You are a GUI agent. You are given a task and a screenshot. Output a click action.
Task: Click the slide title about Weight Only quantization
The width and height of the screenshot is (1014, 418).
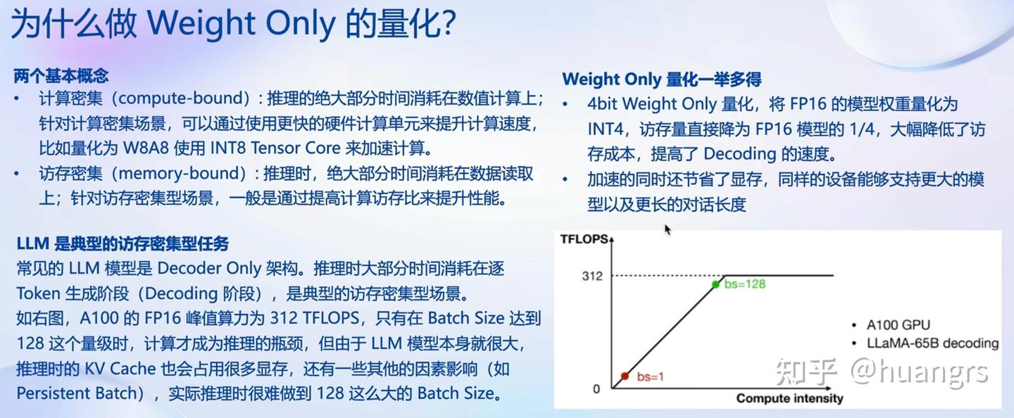point(233,23)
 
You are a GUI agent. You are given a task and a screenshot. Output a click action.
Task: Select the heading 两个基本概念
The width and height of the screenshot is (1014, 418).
point(61,75)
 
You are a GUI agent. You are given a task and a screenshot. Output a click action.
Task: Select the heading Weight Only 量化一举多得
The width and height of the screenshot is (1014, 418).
point(662,79)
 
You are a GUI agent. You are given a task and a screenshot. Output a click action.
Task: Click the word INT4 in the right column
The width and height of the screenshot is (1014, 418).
point(606,129)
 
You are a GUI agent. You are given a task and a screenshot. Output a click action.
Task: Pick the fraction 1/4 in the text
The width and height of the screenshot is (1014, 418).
point(862,129)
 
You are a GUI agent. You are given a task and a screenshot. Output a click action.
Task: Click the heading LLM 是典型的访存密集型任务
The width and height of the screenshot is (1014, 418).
point(123,243)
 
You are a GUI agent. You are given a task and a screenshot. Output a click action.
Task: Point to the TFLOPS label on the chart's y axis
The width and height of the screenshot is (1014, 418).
point(584,239)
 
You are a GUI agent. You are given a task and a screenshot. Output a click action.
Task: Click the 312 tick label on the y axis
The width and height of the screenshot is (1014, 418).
point(592,276)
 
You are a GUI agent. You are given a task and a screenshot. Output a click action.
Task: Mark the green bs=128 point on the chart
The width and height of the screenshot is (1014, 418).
point(715,284)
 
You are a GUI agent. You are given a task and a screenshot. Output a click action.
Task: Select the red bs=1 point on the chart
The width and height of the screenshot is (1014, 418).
point(625,376)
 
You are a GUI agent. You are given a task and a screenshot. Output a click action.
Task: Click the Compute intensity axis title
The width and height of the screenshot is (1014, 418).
point(789,398)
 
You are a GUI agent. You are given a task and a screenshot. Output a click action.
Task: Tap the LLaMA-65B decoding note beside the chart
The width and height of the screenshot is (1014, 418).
point(932,343)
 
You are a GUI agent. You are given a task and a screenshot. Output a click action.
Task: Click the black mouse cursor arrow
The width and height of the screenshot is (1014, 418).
point(668,230)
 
